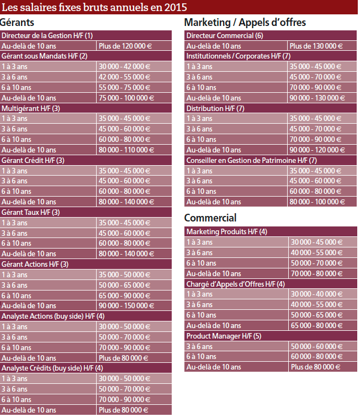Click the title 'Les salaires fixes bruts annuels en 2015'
point(94,7)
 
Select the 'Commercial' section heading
point(210,218)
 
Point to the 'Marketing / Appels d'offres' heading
point(245,23)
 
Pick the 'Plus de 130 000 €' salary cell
point(316,46)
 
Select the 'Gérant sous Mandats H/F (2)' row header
point(45,56)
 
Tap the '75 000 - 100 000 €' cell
point(126,98)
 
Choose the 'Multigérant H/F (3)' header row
point(31,108)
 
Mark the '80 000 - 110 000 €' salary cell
point(126,150)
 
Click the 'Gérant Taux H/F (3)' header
point(31,212)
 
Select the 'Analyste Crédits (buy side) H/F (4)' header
point(52,368)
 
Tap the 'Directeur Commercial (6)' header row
point(225,35)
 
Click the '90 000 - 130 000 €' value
point(317,98)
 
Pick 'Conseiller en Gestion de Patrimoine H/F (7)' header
point(251,160)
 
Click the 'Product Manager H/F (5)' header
point(224,336)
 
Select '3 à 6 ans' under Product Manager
point(199,346)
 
